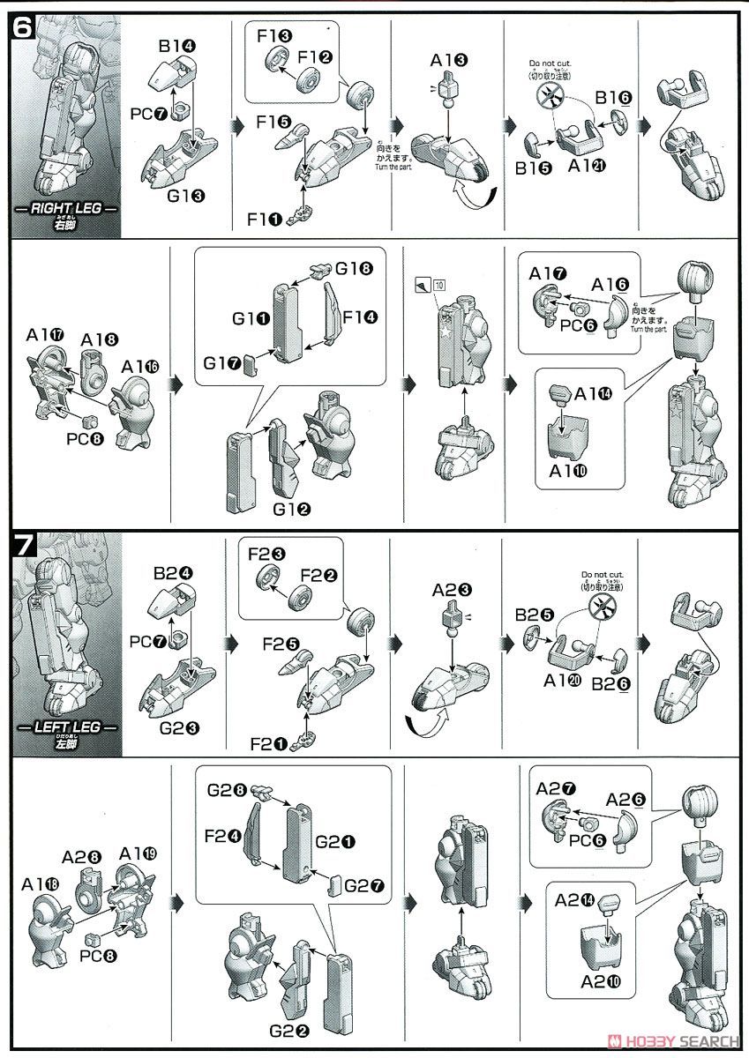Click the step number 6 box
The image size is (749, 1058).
[23, 28]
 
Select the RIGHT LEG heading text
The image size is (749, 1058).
[67, 210]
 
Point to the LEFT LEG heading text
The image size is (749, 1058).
[67, 727]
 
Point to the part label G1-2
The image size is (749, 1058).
[290, 509]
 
